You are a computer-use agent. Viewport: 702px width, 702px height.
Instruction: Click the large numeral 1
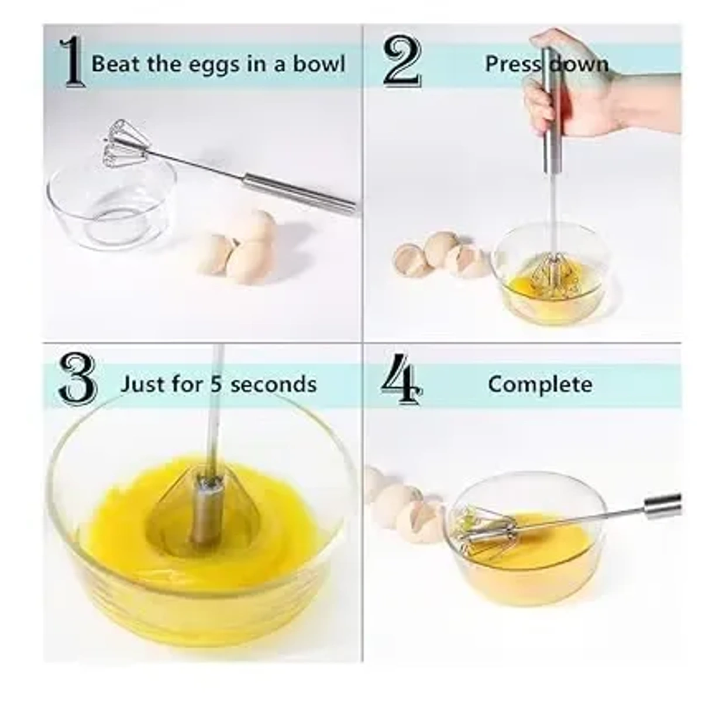click(x=73, y=63)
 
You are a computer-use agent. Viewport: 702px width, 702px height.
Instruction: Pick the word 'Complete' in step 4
click(x=539, y=384)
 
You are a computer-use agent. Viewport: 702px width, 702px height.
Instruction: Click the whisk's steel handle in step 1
click(x=298, y=191)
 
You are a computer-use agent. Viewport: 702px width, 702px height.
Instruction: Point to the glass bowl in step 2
click(x=547, y=275)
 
